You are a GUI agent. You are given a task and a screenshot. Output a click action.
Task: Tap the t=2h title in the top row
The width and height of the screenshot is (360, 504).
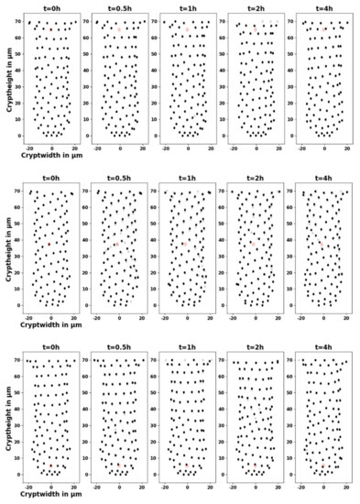(256, 9)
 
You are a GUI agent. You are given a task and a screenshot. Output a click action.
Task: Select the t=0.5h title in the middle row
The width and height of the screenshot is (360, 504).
(120, 180)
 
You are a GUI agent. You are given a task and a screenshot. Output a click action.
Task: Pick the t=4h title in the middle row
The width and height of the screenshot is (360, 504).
(323, 180)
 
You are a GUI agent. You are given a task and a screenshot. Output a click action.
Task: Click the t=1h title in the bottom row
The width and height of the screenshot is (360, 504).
(188, 349)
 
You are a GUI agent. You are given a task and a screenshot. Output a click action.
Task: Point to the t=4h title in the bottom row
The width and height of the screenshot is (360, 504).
(323, 349)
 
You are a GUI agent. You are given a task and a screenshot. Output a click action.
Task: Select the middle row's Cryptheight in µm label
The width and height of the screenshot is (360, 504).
(8, 247)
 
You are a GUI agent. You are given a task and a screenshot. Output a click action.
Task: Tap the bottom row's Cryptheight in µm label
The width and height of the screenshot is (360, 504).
(8, 418)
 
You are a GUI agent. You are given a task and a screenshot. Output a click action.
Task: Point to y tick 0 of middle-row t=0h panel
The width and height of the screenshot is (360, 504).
(22, 305)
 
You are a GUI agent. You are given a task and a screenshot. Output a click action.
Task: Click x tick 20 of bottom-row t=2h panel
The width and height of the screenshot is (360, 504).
(279, 487)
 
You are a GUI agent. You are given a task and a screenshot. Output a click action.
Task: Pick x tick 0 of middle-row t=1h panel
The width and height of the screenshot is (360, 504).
(188, 317)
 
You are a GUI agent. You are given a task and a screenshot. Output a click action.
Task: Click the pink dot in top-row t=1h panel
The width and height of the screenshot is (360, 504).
(188, 30)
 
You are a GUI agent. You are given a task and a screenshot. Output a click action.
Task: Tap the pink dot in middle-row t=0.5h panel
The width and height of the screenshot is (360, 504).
(119, 244)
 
